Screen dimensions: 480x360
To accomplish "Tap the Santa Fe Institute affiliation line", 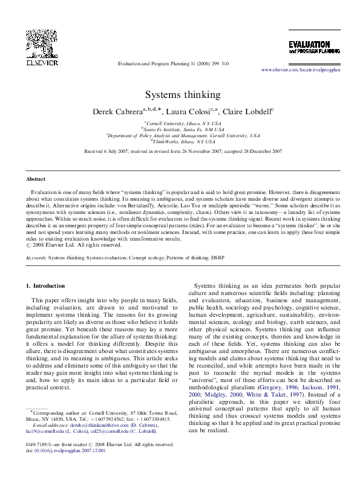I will (x=180, y=129).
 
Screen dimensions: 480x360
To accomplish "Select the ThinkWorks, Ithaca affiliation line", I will (x=180, y=141).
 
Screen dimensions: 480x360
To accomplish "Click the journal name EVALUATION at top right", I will (x=309, y=45).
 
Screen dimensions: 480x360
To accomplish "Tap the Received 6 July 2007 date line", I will (x=180, y=151).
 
